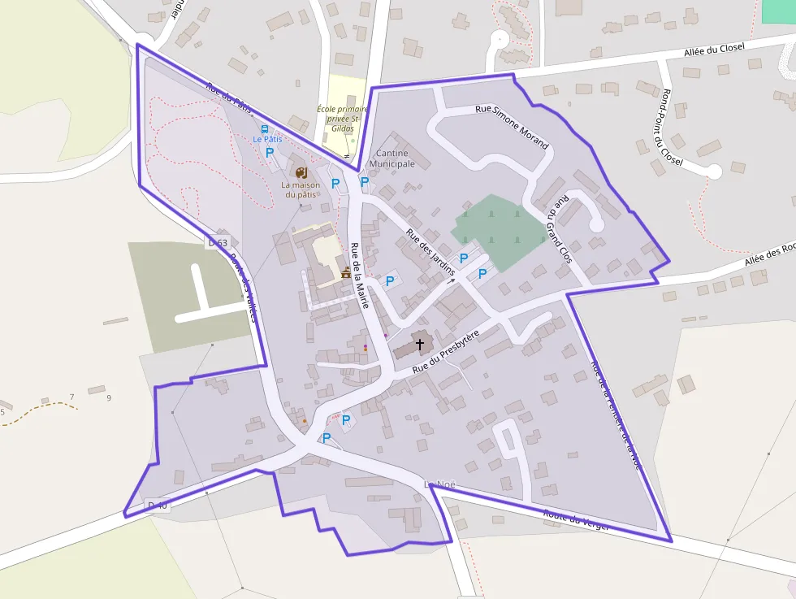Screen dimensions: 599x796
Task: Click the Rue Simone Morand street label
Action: pyautogui.click(x=512, y=127)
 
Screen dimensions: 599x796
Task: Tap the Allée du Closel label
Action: pyautogui.click(x=715, y=50)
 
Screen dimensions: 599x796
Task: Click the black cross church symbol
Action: pyautogui.click(x=420, y=345)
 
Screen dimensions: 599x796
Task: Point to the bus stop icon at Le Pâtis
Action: pyautogui.click(x=264, y=128)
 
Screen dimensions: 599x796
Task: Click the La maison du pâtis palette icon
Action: pyautogui.click(x=301, y=172)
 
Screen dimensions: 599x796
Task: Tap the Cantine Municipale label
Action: pyautogui.click(x=393, y=158)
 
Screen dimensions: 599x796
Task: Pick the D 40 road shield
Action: pyautogui.click(x=158, y=506)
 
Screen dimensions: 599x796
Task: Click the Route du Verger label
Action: pyautogui.click(x=577, y=520)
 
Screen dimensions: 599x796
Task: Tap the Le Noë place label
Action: pyautogui.click(x=440, y=484)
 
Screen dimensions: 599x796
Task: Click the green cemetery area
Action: pyautogui.click(x=500, y=232)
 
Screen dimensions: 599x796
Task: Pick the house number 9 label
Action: pyautogui.click(x=108, y=397)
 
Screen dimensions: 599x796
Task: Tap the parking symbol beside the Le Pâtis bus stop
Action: pyautogui.click(x=270, y=152)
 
